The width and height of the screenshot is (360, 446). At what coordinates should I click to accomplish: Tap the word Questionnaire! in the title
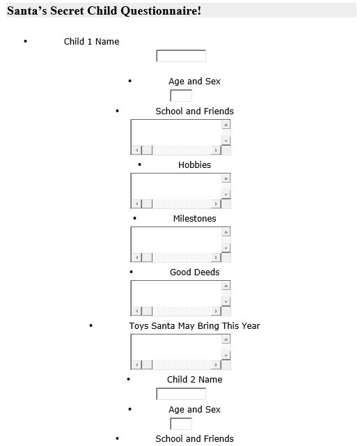pyautogui.click(x=161, y=11)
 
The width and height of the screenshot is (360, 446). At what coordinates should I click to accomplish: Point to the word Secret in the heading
pyautogui.click(x=67, y=11)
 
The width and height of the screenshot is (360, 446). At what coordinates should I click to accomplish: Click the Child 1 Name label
pyautogui.click(x=91, y=42)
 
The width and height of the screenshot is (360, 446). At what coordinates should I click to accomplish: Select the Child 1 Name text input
pyautogui.click(x=181, y=56)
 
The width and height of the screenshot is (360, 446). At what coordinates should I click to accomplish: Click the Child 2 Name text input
pyautogui.click(x=181, y=394)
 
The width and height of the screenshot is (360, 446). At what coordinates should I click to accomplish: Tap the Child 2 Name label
pyautogui.click(x=195, y=379)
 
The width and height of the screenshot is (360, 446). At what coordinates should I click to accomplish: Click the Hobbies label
pyautogui.click(x=195, y=164)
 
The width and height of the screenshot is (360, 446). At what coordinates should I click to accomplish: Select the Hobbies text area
pyautogui.click(x=176, y=185)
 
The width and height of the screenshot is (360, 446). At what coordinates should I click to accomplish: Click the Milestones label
pyautogui.click(x=195, y=218)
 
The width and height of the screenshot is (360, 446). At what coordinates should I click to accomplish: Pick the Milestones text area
pyautogui.click(x=176, y=239)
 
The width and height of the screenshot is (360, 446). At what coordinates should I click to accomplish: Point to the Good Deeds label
pyautogui.click(x=195, y=272)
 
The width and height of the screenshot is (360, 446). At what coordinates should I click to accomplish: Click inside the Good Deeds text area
pyautogui.click(x=176, y=293)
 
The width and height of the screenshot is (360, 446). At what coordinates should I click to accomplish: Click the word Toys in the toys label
pyautogui.click(x=139, y=326)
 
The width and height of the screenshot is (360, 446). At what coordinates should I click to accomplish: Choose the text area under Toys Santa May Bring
pyautogui.click(x=176, y=347)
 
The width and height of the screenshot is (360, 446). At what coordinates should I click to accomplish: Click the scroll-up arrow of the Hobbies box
pyautogui.click(x=226, y=178)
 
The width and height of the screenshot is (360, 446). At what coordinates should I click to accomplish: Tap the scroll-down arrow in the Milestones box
pyautogui.click(x=226, y=248)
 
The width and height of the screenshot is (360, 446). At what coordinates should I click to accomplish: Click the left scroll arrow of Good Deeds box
pyautogui.click(x=136, y=312)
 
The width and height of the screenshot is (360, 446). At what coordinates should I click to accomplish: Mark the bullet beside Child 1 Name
pyautogui.click(x=26, y=42)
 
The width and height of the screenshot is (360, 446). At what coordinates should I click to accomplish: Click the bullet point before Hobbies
pyautogui.click(x=139, y=164)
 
